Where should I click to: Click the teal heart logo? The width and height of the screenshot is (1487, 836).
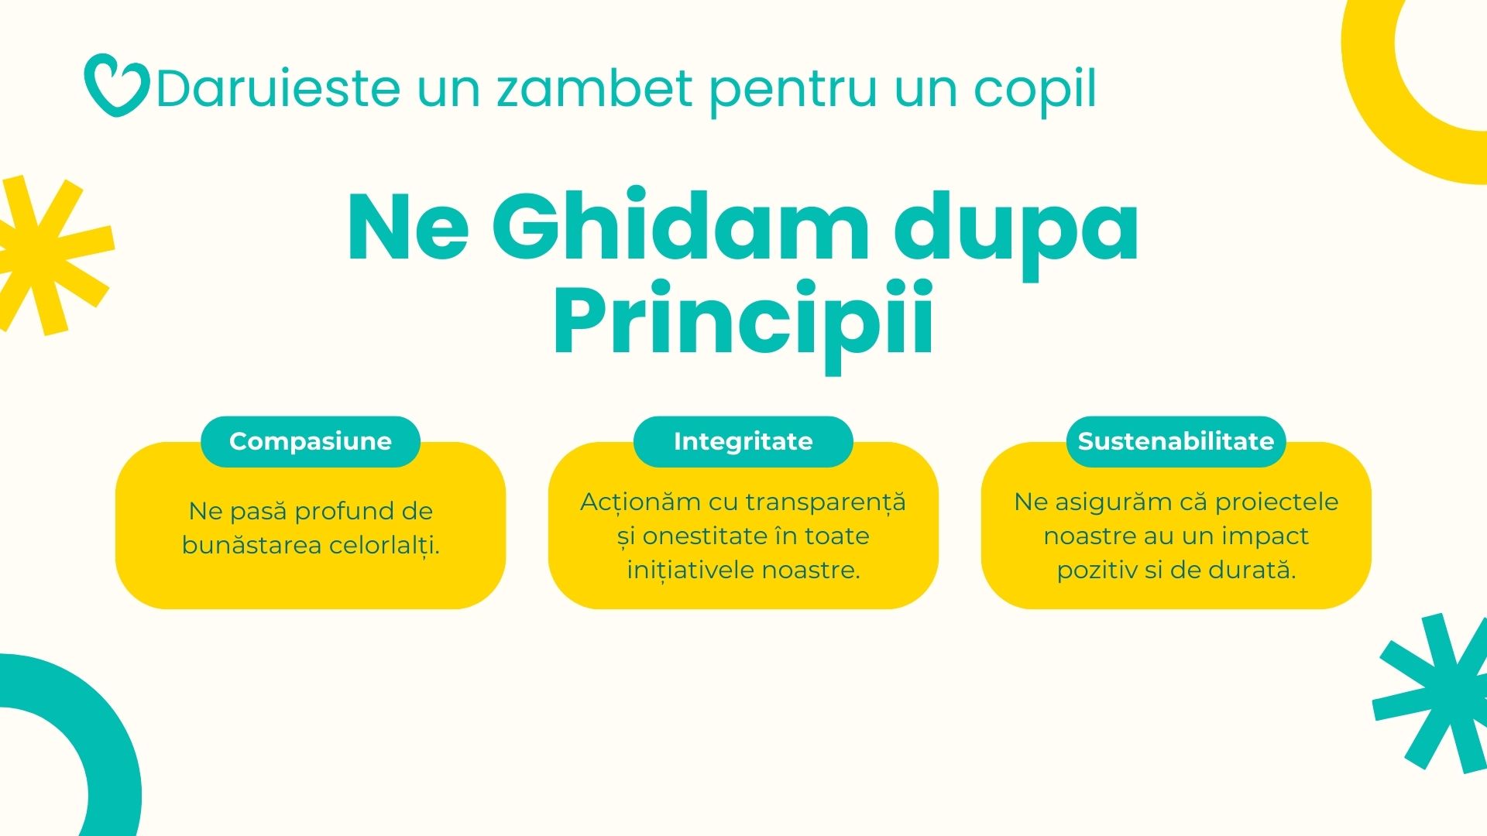coord(116,85)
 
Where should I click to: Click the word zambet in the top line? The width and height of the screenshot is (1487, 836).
coord(594,88)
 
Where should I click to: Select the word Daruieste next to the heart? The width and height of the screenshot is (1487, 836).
coord(278,88)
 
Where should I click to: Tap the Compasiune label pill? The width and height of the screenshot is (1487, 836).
coord(311,441)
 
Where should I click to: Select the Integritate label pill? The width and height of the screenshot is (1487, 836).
coord(743,441)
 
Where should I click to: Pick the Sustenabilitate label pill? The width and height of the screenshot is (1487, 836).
coord(1176,441)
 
